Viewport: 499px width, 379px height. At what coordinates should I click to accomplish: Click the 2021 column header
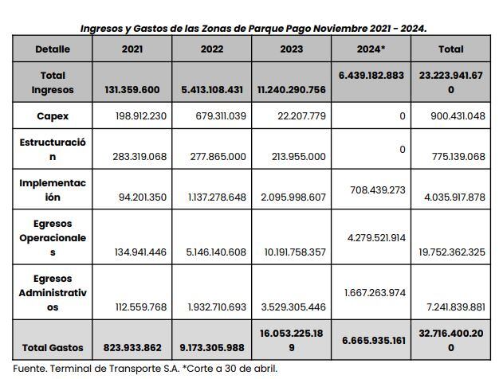(132, 49)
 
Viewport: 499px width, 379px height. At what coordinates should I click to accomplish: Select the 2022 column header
(212, 49)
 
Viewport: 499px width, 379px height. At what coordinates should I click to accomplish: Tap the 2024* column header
(371, 49)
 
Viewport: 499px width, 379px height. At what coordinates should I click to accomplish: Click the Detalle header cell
(53, 49)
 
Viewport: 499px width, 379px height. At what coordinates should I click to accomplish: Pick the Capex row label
(53, 116)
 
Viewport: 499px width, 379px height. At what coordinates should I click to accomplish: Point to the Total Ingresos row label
(53, 83)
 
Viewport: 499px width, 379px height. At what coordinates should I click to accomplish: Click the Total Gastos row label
(53, 348)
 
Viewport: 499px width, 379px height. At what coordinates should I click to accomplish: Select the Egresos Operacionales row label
(53, 238)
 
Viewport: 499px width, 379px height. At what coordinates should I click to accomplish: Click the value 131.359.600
(132, 90)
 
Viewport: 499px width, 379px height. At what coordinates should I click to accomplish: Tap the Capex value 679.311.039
(216, 116)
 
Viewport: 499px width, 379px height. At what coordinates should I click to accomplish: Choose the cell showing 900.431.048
(452, 116)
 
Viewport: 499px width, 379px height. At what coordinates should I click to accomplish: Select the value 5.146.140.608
(212, 252)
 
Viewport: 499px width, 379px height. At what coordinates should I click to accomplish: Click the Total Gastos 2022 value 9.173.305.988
(212, 348)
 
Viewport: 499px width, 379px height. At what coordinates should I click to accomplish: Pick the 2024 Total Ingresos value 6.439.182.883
(371, 74)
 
